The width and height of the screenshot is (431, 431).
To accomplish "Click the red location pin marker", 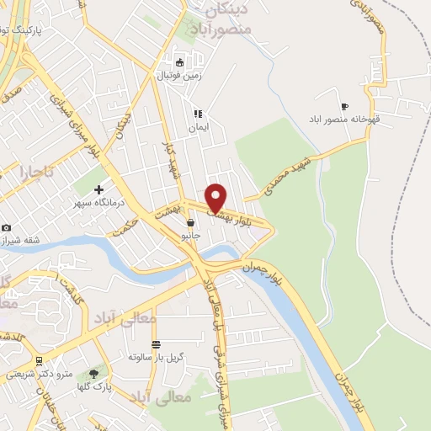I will coord(216,198).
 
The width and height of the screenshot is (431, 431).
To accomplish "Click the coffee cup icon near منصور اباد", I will coord(344,106).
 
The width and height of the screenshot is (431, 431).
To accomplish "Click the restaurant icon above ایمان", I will coord(197,114).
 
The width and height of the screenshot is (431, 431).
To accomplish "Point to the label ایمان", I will coord(197,126).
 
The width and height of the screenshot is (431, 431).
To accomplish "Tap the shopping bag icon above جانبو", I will coord(192,223).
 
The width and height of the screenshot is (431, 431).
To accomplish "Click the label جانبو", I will coord(192,237).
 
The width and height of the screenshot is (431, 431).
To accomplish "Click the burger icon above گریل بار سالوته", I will coord(156,344).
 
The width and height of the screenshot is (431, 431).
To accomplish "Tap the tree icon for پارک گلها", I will coord(93,374).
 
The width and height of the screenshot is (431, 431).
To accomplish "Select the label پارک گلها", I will coord(93,386).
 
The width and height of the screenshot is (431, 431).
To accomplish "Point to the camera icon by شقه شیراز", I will coord(6,227).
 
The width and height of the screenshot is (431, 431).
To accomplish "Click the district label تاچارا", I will coord(36,172).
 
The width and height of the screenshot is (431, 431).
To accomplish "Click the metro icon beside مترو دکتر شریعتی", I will coord(38,360).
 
